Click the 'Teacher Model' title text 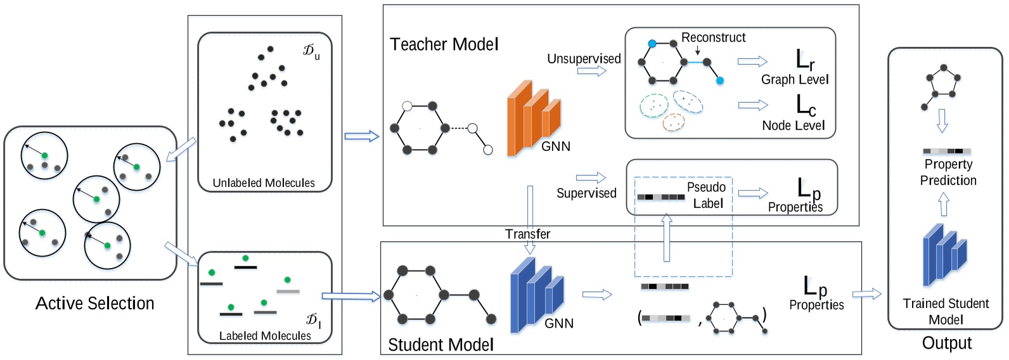(444, 44)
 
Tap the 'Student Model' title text (440, 345)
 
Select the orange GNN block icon (532, 118)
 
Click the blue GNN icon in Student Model (536, 294)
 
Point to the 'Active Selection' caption (95, 304)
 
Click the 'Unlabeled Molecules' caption (264, 183)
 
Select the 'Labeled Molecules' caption (265, 336)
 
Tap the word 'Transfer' (527, 234)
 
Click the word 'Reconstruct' (713, 37)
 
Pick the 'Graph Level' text (795, 79)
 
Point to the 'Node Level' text (794, 125)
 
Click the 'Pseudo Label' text (707, 195)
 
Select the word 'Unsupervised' (584, 59)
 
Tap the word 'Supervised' (586, 193)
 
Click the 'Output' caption (947, 343)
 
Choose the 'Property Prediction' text (948, 172)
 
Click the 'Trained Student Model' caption (946, 311)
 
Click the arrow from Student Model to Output (867, 293)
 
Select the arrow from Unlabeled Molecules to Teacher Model (361, 136)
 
